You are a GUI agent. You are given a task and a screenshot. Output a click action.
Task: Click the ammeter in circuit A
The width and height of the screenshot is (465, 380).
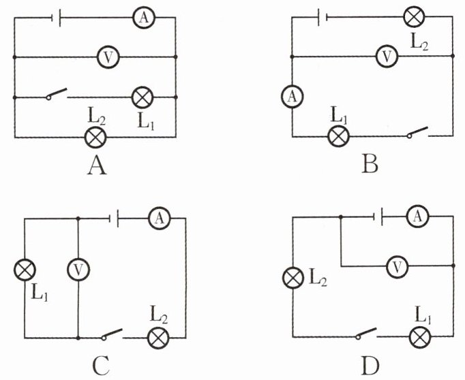point(144,18)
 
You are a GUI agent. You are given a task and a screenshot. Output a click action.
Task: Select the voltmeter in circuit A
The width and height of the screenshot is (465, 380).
point(108,57)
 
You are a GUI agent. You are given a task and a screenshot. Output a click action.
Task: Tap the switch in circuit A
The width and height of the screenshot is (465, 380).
point(57,93)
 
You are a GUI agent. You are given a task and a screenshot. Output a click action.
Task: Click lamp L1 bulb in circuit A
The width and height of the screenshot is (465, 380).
point(142,97)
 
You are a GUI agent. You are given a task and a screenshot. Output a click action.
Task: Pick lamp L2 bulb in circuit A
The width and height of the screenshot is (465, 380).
point(95,138)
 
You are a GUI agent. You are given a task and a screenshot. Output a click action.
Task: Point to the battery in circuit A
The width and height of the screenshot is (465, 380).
point(57,18)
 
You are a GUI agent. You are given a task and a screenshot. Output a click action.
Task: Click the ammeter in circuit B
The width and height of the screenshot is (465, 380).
point(292,97)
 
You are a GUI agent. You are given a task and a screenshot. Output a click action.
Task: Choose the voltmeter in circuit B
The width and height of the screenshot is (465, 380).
point(387,57)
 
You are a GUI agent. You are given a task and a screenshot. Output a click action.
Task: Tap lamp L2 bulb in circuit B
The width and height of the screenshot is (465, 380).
point(415,16)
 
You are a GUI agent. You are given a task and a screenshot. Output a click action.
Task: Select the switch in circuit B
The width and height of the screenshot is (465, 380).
point(417,132)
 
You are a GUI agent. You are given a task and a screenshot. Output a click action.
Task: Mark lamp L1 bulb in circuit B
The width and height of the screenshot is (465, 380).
point(338,136)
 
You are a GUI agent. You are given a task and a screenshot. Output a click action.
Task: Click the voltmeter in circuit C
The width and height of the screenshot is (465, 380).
point(78,270)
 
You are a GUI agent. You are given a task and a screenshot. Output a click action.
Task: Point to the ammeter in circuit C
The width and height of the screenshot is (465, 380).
point(160,219)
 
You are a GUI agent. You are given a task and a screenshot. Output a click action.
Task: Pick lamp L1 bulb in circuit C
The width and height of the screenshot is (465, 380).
point(25,270)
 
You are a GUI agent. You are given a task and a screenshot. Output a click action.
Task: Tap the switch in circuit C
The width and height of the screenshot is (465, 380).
point(112,334)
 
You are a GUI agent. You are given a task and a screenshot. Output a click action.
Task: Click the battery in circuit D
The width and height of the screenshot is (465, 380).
point(378,217)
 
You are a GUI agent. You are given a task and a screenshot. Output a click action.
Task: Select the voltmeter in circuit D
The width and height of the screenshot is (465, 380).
point(397,266)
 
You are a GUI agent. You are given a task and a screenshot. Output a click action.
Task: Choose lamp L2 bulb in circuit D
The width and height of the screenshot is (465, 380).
point(293,278)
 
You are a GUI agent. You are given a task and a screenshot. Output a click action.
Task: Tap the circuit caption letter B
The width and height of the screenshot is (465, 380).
point(370,164)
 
